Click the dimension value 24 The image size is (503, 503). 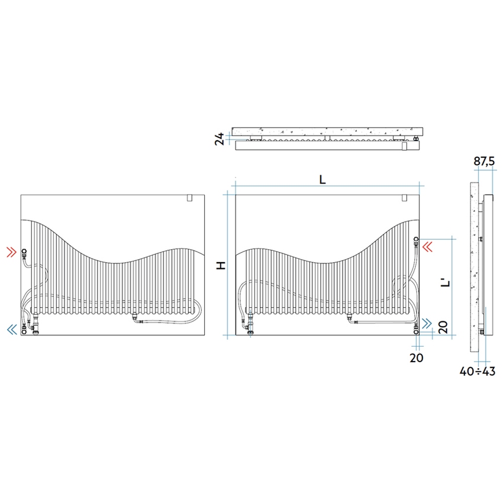click(220, 139)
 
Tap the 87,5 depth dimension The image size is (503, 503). click(485, 161)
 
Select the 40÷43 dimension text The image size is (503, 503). click(478, 371)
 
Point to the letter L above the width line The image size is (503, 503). click(323, 180)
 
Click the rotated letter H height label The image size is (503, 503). click(221, 265)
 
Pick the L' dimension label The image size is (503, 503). click(445, 283)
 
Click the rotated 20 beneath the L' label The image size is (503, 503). click(443, 327)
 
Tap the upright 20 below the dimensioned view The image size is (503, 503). click(417, 357)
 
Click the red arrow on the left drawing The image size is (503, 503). click(12, 252)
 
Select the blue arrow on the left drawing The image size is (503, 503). click(12, 329)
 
